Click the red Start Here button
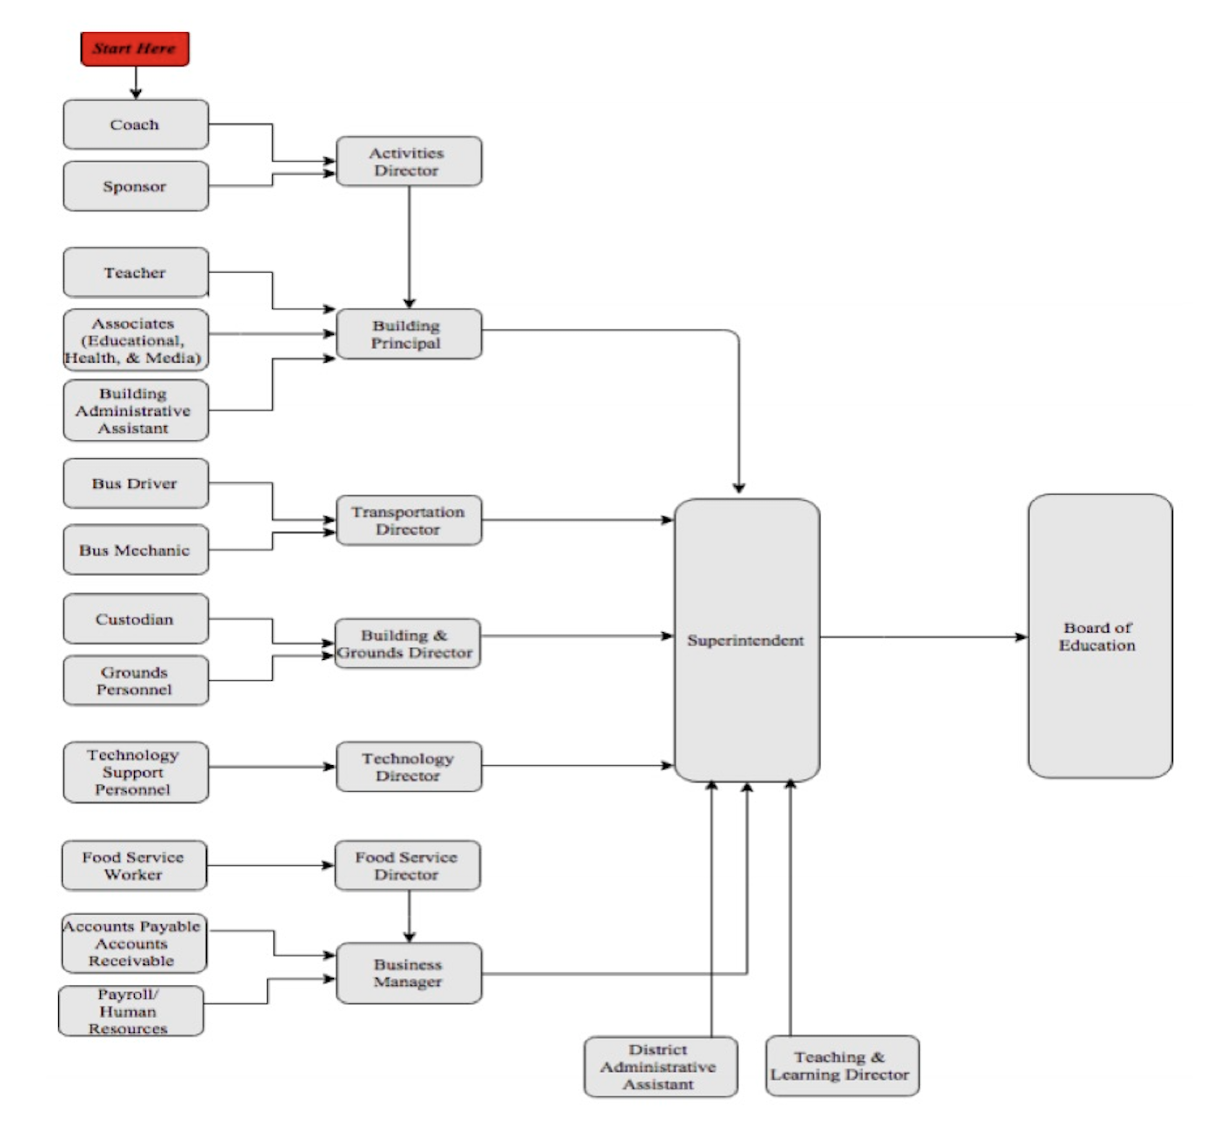pyautogui.click(x=135, y=49)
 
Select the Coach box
pyautogui.click(x=136, y=124)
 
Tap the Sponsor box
pyautogui.click(x=136, y=186)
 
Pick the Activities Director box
pyautogui.click(x=408, y=162)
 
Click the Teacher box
pyautogui.click(x=136, y=272)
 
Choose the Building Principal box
pyautogui.click(x=408, y=334)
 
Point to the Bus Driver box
pyautogui.click(x=136, y=483)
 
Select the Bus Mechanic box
pyautogui.click(x=136, y=550)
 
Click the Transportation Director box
pyautogui.click(x=408, y=520)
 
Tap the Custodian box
pyautogui.click(x=136, y=619)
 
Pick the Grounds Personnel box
pyautogui.click(x=136, y=680)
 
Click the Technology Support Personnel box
pyautogui.click(x=136, y=772)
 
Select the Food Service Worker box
pyautogui.click(x=134, y=865)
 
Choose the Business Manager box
pyautogui.click(x=408, y=973)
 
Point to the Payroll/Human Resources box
pyautogui.click(x=130, y=1011)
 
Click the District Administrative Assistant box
pyautogui.click(x=660, y=1067)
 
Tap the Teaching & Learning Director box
pyautogui.click(x=842, y=1065)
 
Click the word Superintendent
pyautogui.click(x=745, y=641)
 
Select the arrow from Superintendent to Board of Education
pyautogui.click(x=922, y=637)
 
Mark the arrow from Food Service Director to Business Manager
pyautogui.click(x=409, y=916)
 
